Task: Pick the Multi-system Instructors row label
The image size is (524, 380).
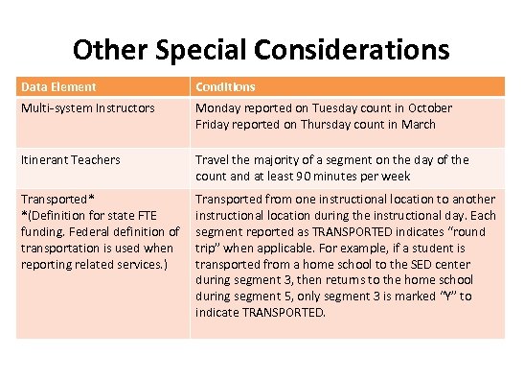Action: pos(87,108)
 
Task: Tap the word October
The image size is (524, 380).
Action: pos(426,108)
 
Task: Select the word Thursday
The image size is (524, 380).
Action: pos(331,124)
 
